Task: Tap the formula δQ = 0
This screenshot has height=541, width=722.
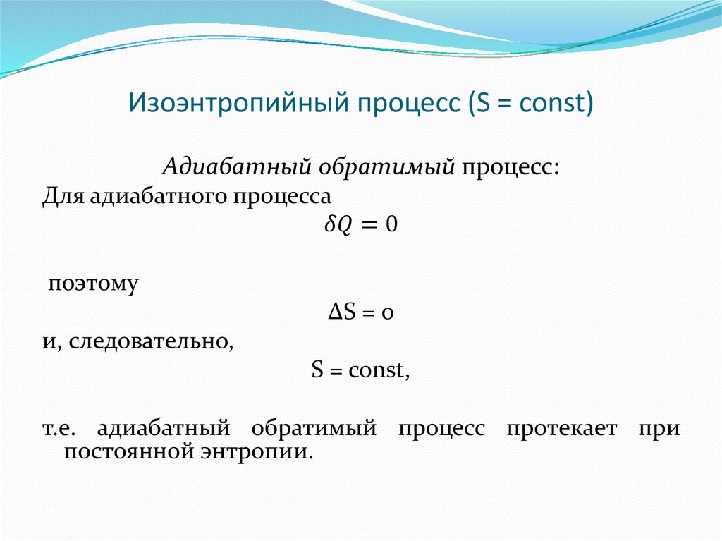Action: point(360,225)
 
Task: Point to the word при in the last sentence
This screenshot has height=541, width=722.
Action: point(661,429)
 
